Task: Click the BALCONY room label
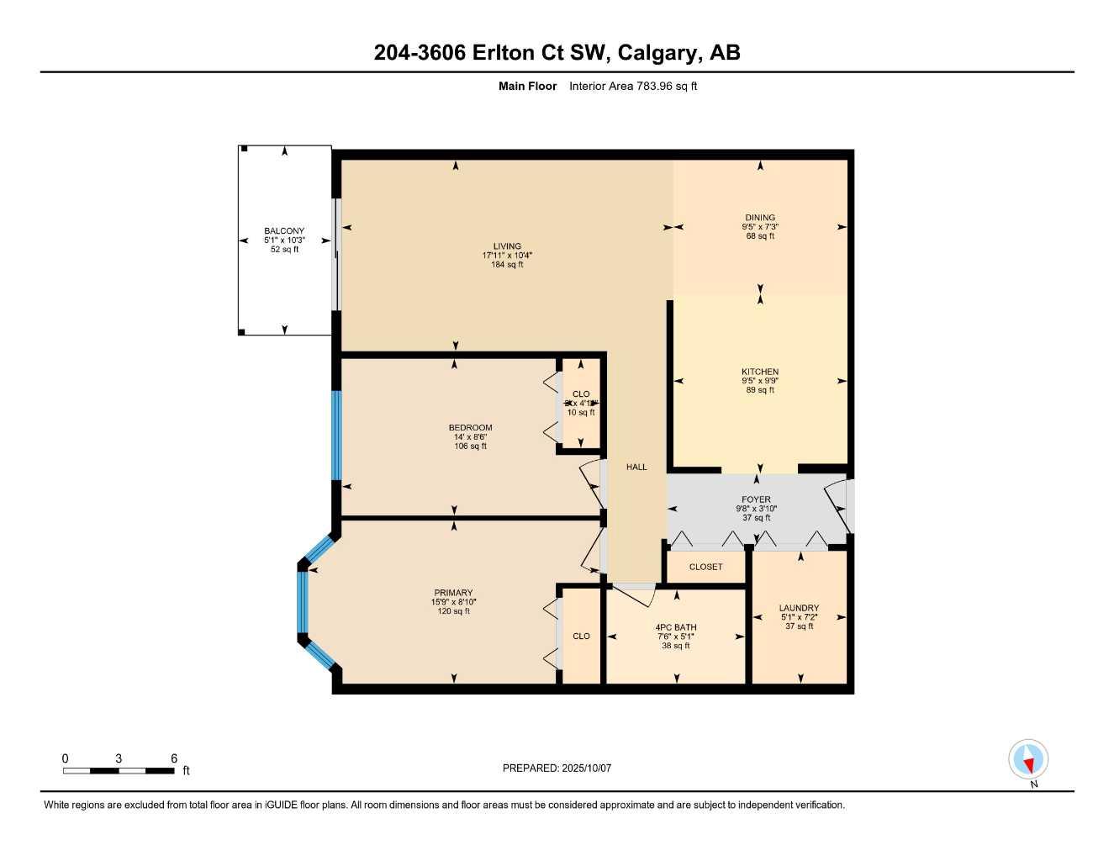point(284,231)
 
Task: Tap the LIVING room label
point(507,246)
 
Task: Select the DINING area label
point(759,218)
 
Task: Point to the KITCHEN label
point(759,372)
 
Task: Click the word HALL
point(636,467)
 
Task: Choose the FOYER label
point(756,499)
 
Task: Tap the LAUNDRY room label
point(799,608)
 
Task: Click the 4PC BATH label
point(676,627)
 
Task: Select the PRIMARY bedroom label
point(453,593)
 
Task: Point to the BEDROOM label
point(470,428)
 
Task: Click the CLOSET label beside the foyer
point(705,567)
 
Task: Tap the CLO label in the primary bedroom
point(581,637)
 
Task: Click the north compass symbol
point(1027,760)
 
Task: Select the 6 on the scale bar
point(174,758)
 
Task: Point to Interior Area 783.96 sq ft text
point(633,86)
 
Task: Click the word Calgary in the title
point(658,53)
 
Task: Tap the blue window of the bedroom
point(336,435)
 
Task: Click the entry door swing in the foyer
point(837,506)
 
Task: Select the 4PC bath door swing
point(635,594)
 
